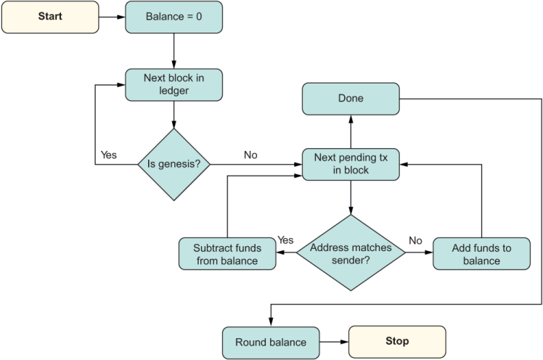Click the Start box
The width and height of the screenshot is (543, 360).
(x=50, y=17)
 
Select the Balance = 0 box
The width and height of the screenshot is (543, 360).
(x=173, y=17)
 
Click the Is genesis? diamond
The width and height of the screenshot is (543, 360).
(x=174, y=164)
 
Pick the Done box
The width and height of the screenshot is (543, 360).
(x=351, y=98)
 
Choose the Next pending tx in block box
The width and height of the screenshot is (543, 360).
(x=351, y=164)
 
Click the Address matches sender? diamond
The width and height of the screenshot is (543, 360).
(x=351, y=253)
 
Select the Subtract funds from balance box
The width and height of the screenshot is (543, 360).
(x=227, y=253)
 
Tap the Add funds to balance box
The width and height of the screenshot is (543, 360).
(x=481, y=253)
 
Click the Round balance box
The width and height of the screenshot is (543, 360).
(x=271, y=342)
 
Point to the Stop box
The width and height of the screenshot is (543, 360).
(x=397, y=341)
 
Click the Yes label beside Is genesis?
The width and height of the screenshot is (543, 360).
(x=108, y=155)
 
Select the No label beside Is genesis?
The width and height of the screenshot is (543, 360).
(x=250, y=155)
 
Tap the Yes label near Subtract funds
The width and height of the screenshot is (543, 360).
(x=285, y=240)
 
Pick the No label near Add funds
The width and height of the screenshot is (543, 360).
(x=415, y=240)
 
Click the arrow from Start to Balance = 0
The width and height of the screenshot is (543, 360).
(x=113, y=17)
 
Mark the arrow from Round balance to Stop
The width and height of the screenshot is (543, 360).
(x=334, y=342)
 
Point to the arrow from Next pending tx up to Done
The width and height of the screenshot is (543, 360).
(x=351, y=131)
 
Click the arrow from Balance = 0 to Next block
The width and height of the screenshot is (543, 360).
(x=173, y=51)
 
